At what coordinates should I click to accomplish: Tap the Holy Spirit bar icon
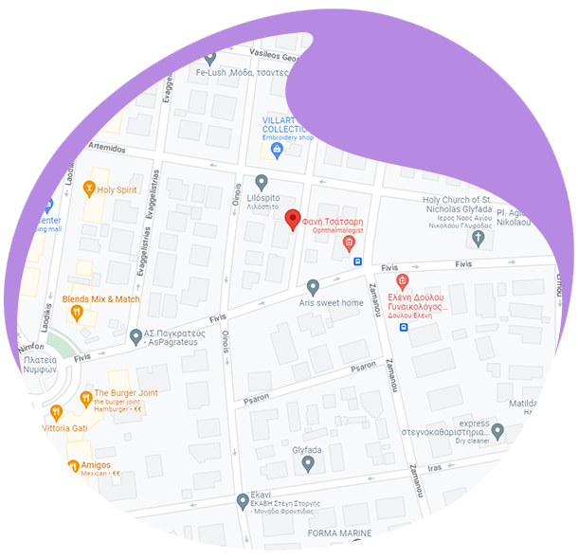click(x=90, y=189)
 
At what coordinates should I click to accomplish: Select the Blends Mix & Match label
click(x=100, y=299)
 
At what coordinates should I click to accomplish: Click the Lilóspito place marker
click(x=262, y=181)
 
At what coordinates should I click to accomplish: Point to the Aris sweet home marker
click(x=313, y=286)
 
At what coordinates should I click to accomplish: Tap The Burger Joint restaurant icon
click(x=83, y=394)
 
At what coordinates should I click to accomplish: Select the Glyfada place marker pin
click(x=307, y=463)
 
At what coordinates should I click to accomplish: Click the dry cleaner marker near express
click(x=497, y=432)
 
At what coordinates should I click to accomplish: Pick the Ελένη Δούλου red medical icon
click(x=402, y=281)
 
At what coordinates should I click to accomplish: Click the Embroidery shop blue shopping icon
click(x=277, y=149)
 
